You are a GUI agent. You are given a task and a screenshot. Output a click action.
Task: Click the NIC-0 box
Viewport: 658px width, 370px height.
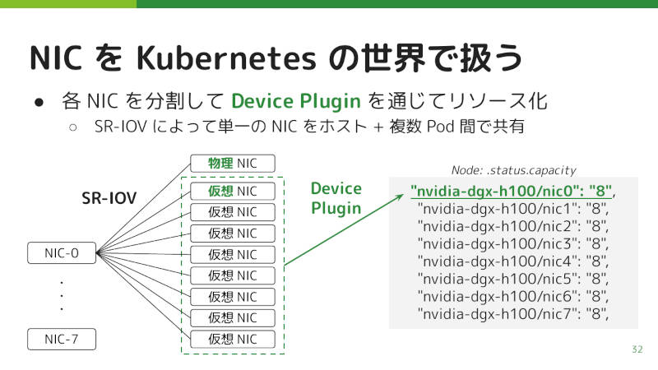(x=62, y=253)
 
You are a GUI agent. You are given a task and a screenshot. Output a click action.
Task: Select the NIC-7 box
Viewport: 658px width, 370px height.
(x=62, y=339)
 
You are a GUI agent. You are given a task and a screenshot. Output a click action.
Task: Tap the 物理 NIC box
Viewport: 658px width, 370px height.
(x=233, y=163)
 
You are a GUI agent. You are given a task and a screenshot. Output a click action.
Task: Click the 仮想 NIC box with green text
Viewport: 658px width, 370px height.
(x=233, y=192)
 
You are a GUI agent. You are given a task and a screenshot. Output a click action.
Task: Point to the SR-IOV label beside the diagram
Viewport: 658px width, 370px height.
(x=109, y=198)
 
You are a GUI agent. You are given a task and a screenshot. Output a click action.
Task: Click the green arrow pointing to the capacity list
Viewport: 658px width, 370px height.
(x=344, y=230)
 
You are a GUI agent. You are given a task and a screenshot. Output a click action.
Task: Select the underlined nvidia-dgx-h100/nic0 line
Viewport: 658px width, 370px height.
(x=511, y=192)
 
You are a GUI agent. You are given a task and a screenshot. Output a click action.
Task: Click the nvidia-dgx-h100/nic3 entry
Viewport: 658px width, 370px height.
(x=512, y=243)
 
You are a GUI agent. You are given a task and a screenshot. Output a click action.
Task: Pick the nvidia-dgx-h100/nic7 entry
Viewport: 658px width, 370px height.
(x=512, y=314)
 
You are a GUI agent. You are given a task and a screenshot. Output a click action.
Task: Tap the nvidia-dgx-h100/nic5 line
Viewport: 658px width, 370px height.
(x=512, y=279)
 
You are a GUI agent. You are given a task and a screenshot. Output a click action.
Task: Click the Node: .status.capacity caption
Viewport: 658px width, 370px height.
(x=513, y=170)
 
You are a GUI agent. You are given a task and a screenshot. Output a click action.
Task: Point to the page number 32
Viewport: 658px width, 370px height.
(x=637, y=349)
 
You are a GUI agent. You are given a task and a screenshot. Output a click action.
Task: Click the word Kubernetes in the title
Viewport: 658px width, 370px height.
(x=226, y=58)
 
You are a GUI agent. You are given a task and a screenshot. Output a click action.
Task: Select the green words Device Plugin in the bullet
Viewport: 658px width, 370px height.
(x=296, y=101)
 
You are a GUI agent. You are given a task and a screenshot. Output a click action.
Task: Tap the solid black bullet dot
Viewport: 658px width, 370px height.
(x=39, y=102)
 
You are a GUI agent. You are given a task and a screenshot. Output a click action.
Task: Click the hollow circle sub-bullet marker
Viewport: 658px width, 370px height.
(x=73, y=127)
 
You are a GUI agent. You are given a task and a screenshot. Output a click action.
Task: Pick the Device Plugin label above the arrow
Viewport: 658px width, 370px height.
(x=336, y=198)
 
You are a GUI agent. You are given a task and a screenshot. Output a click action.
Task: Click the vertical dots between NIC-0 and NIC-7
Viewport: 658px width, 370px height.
(x=62, y=296)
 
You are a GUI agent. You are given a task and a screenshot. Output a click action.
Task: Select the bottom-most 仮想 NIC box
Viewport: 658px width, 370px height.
(x=233, y=339)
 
